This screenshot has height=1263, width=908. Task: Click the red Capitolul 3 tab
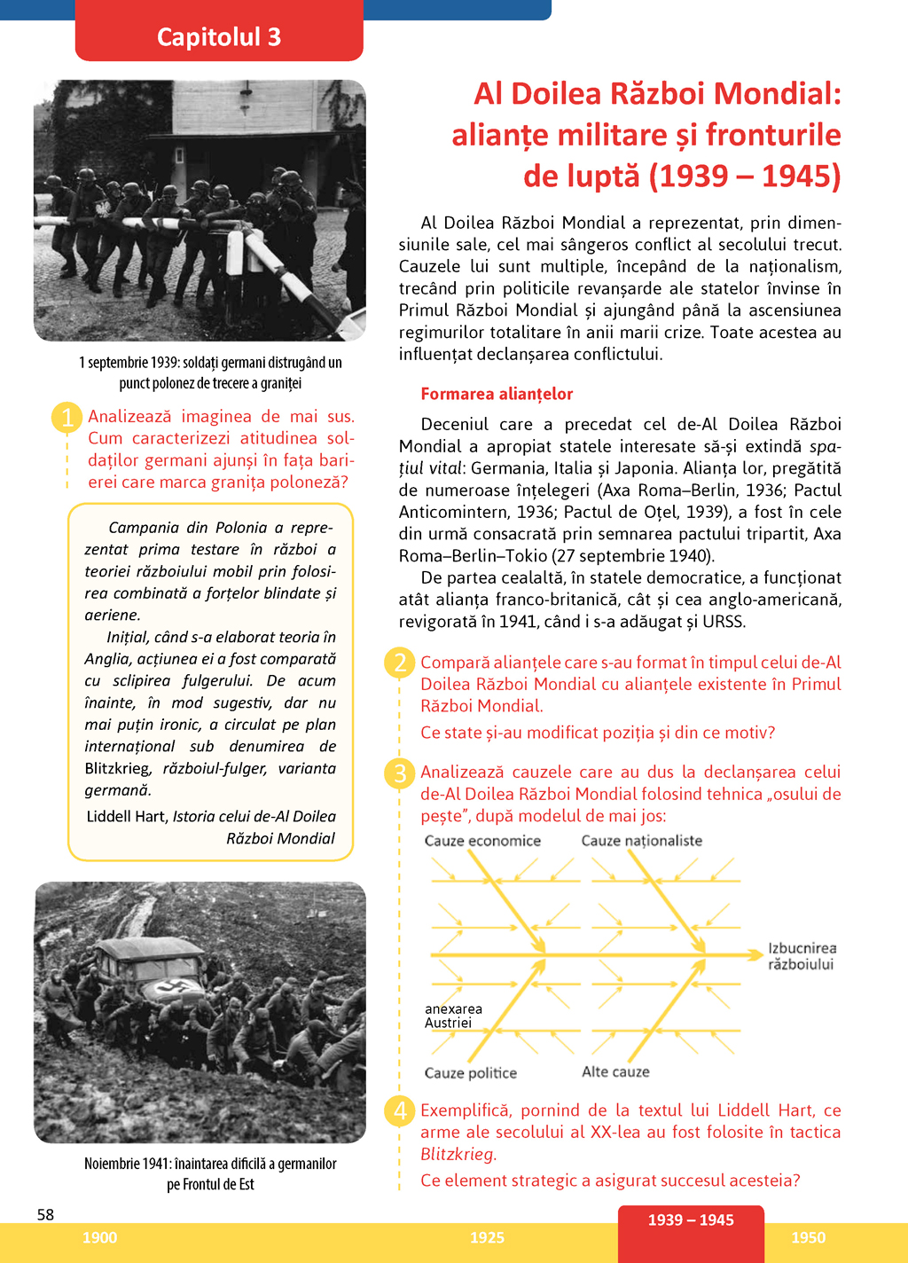click(219, 36)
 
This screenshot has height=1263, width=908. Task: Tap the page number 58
click(45, 1214)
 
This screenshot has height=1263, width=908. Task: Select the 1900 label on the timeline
click(99, 1237)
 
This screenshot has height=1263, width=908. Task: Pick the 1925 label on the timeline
click(487, 1237)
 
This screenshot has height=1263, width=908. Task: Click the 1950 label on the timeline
click(808, 1237)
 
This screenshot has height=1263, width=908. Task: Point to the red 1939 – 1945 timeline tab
click(691, 1220)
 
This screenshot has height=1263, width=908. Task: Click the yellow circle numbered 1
click(67, 417)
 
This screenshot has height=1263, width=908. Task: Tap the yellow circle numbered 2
click(400, 663)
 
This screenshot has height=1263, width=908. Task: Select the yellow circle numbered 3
click(400, 773)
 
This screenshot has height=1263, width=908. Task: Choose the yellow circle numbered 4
click(400, 1110)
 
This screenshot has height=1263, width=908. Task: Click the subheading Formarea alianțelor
click(497, 394)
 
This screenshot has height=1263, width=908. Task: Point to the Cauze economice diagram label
click(482, 841)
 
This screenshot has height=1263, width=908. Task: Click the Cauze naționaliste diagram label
click(641, 841)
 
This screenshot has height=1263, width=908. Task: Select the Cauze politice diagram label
click(470, 1073)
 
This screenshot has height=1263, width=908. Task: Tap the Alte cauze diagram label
click(615, 1071)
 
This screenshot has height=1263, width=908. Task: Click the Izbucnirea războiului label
click(802, 956)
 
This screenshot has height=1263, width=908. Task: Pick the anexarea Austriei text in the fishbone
click(453, 1016)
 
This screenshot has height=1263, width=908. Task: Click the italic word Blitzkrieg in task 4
click(457, 1154)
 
